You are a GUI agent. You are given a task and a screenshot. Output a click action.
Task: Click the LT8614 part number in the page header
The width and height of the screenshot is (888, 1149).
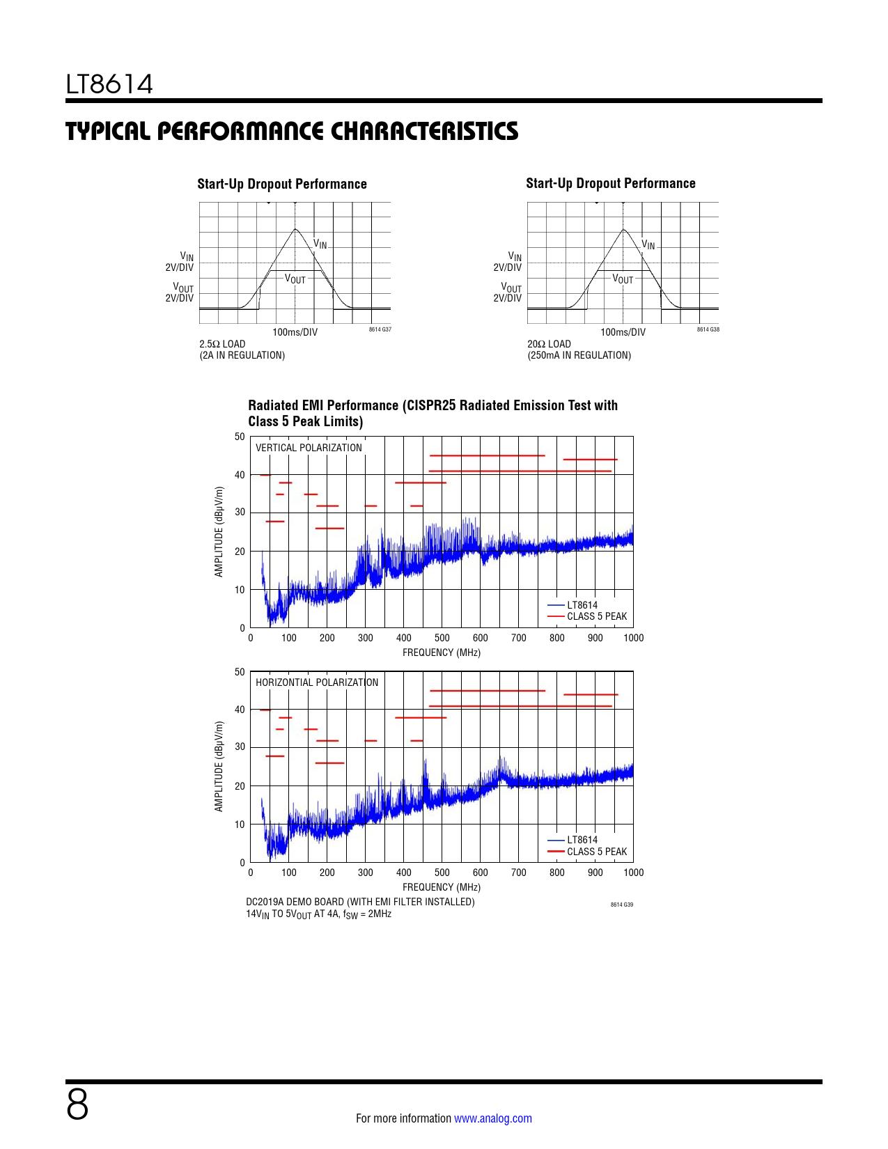[109, 84]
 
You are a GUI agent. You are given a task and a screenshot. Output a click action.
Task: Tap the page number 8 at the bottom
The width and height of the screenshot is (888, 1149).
[77, 1104]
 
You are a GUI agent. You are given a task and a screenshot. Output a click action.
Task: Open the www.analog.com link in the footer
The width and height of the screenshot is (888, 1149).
[492, 1118]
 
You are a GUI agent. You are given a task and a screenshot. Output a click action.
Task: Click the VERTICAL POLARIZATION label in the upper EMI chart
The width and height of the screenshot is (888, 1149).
[309, 448]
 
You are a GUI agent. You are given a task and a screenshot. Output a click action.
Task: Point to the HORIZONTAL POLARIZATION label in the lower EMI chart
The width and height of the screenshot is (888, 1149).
[317, 682]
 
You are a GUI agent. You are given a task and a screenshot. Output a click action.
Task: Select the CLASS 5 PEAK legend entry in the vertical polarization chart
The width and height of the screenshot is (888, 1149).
[596, 616]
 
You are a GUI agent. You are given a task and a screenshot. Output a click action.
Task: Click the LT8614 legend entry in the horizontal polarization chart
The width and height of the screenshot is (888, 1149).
[582, 840]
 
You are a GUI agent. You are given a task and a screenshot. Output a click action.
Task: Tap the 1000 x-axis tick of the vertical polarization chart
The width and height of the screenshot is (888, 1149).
[633, 638]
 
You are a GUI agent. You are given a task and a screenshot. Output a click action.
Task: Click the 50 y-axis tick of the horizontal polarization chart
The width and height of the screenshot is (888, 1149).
[240, 672]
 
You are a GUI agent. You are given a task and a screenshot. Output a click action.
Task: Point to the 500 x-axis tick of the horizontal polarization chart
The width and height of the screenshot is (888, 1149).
[442, 873]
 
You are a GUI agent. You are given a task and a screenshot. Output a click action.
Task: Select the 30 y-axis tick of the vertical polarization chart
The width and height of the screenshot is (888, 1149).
[240, 512]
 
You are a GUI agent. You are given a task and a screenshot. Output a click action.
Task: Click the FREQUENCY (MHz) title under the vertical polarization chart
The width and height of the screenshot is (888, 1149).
[442, 652]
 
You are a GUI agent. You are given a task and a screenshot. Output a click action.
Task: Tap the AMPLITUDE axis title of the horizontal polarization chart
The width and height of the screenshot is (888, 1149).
[219, 767]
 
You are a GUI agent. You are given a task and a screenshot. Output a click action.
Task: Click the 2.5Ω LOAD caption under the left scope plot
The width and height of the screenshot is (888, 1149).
[222, 344]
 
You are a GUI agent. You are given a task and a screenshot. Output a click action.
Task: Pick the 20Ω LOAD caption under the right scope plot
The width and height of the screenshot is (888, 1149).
[549, 344]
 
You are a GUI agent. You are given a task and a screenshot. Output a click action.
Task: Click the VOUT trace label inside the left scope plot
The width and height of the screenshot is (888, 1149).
[295, 279]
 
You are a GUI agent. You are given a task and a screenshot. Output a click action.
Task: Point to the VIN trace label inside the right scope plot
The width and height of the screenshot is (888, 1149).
[648, 244]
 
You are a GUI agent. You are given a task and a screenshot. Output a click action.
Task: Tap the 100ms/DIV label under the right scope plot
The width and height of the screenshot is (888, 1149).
[623, 332]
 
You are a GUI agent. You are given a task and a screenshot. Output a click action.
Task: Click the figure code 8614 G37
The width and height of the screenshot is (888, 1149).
[380, 329]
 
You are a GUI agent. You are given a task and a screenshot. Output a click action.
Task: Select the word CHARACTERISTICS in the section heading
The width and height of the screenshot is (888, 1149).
[424, 132]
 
